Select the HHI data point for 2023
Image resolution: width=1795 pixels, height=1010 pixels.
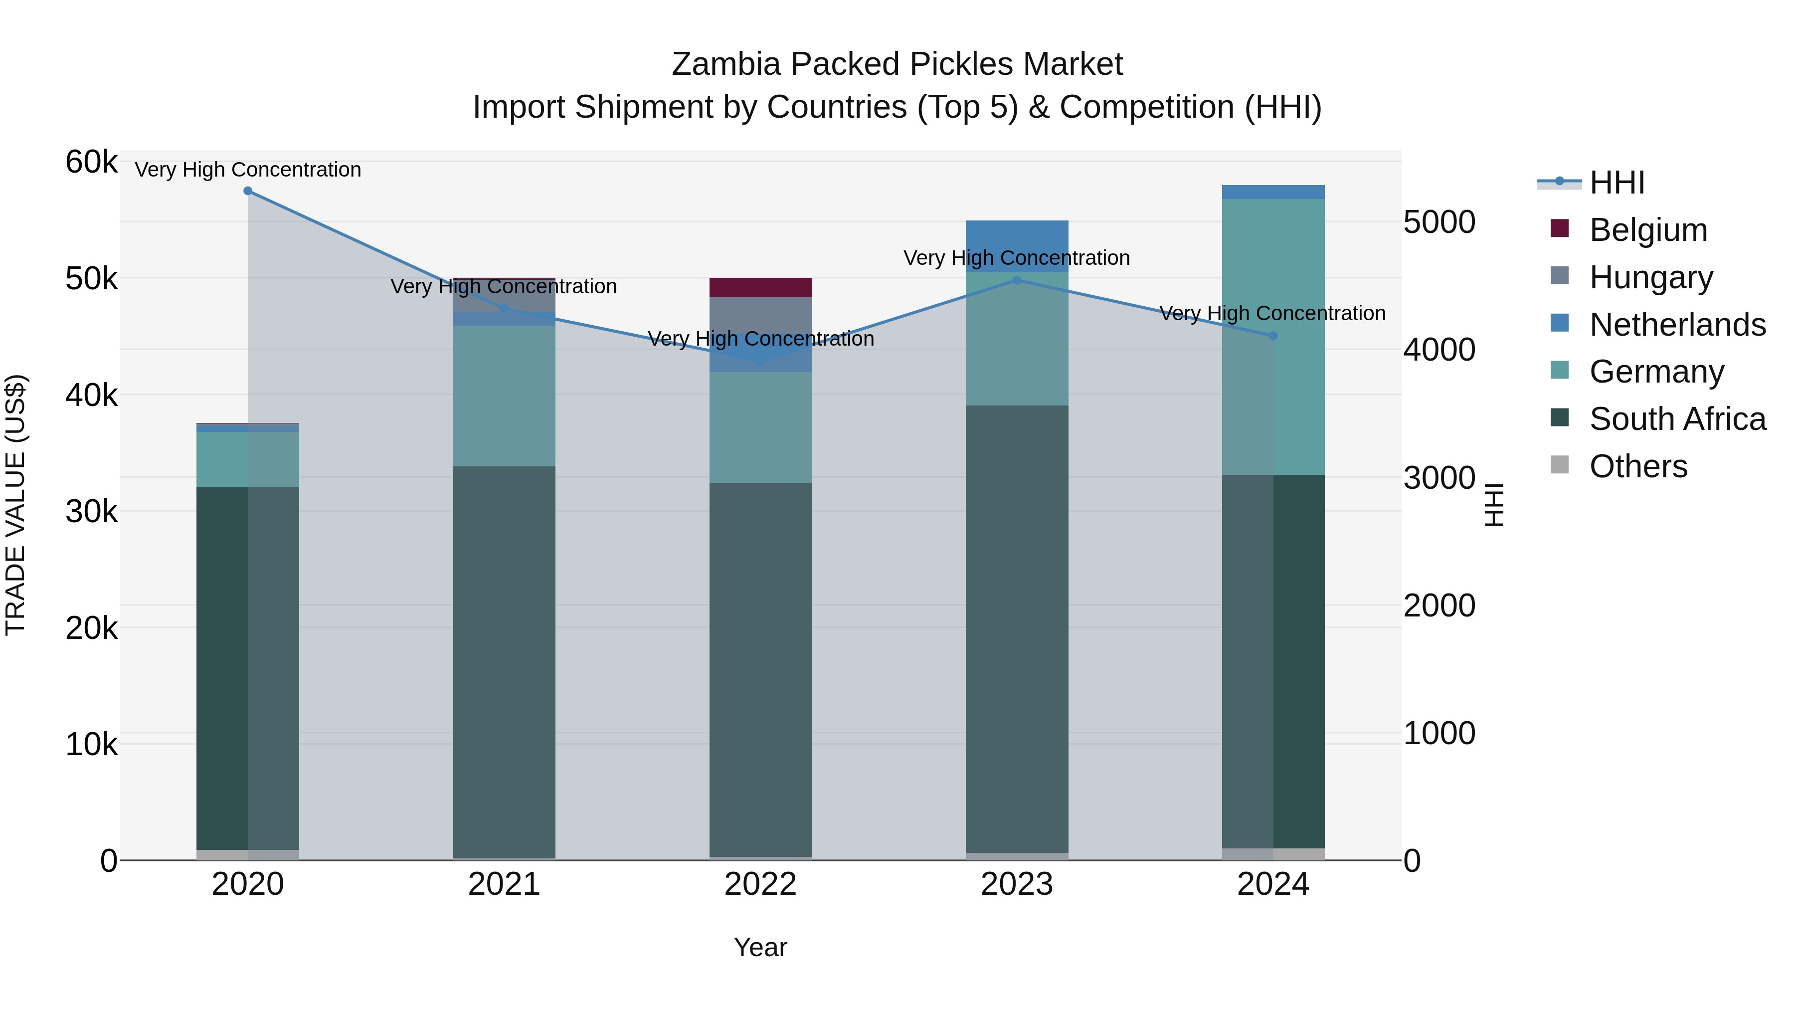pos(1017,280)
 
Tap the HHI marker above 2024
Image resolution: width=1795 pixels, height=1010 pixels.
pos(1273,336)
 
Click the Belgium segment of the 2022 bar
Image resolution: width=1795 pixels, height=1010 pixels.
pos(760,287)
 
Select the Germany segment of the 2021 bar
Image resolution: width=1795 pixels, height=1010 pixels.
pos(504,396)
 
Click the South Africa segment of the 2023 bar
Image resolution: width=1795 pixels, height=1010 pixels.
pos(1017,627)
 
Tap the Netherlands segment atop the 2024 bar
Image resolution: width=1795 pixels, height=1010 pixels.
pos(1273,192)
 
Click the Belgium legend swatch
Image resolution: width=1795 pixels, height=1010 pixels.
pos(1560,228)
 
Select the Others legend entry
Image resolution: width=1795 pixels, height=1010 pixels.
pos(1637,466)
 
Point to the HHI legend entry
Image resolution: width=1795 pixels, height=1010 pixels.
pos(1616,183)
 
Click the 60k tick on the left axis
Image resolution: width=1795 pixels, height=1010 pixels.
pos(91,163)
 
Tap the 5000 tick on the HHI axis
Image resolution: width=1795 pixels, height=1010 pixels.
pos(1439,222)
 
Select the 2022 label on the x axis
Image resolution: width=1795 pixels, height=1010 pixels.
pos(760,884)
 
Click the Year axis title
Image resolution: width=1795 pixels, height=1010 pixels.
pos(760,947)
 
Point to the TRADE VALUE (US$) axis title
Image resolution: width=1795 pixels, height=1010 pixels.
pos(15,505)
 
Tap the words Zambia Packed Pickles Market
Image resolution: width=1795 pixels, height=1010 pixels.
pos(897,64)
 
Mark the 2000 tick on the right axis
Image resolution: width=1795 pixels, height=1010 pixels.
pos(1439,605)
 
